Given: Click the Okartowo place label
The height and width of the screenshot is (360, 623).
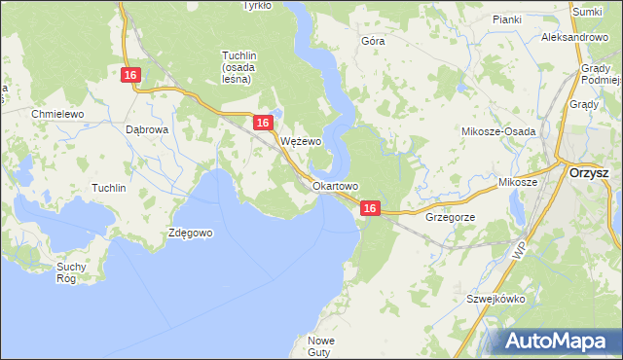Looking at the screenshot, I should (336, 185).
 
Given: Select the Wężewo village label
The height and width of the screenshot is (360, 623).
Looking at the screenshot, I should (301, 141).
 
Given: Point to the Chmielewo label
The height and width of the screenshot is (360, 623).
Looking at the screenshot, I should (58, 114).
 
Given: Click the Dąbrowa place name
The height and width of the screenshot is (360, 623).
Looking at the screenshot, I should (148, 128).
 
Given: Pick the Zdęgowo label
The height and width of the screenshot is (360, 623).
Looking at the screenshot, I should (190, 233).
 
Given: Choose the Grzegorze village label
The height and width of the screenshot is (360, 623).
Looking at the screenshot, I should (450, 217).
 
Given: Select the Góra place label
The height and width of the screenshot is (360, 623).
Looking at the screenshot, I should (373, 42).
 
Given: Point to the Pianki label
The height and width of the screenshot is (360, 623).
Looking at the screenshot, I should (507, 18).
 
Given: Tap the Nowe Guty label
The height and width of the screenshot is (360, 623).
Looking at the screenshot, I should (321, 346).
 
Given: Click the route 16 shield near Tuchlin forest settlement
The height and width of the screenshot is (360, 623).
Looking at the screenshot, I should (132, 75).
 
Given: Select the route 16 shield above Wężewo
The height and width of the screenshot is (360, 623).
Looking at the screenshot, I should (263, 123).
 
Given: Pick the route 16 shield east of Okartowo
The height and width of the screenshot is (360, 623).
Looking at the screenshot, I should (369, 208).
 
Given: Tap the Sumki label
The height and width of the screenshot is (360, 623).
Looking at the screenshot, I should (587, 11).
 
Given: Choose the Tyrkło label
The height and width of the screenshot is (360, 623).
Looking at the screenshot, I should (257, 5).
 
